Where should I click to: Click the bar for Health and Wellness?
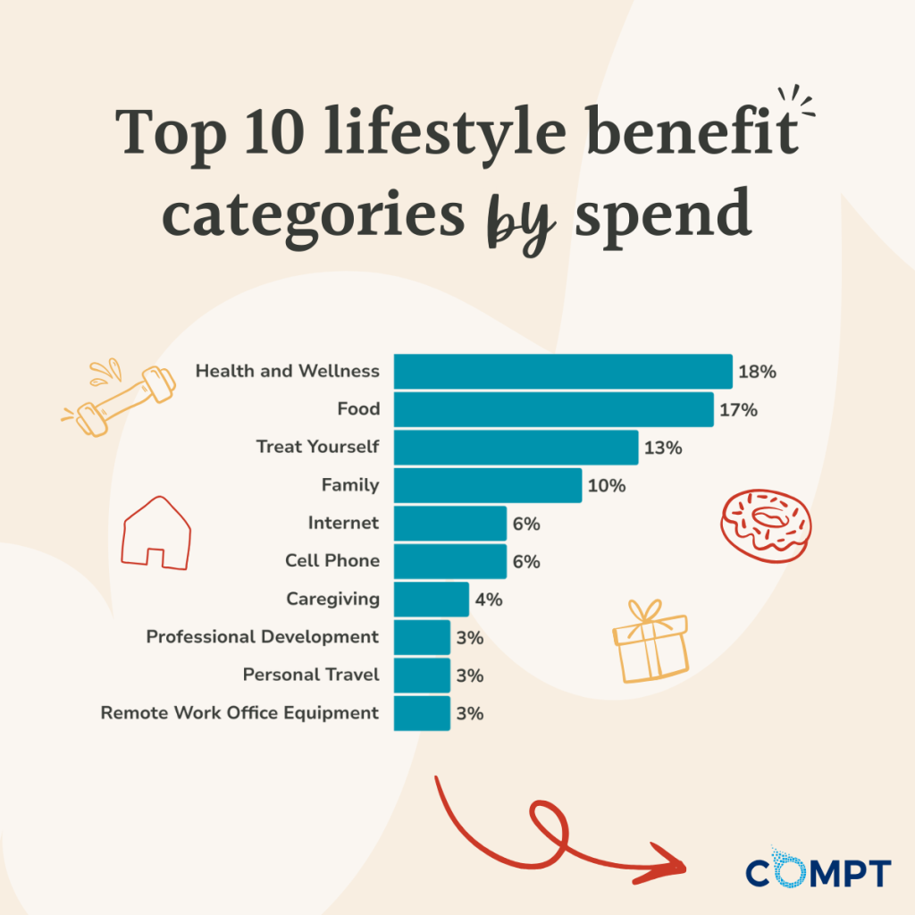click(563, 372)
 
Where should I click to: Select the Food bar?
click(554, 409)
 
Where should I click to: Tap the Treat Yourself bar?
click(516, 447)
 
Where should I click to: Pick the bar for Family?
click(488, 485)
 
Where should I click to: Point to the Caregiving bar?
click(431, 599)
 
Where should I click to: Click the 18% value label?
click(757, 372)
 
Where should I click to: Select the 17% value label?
click(739, 410)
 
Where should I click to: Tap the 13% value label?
click(663, 448)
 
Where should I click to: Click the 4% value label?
click(489, 600)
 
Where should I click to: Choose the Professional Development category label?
click(263, 637)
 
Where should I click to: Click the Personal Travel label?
click(311, 675)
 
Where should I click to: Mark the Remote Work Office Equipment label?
click(239, 713)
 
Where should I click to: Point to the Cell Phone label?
click(332, 561)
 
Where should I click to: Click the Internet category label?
click(343, 523)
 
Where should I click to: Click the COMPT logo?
click(818, 871)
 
